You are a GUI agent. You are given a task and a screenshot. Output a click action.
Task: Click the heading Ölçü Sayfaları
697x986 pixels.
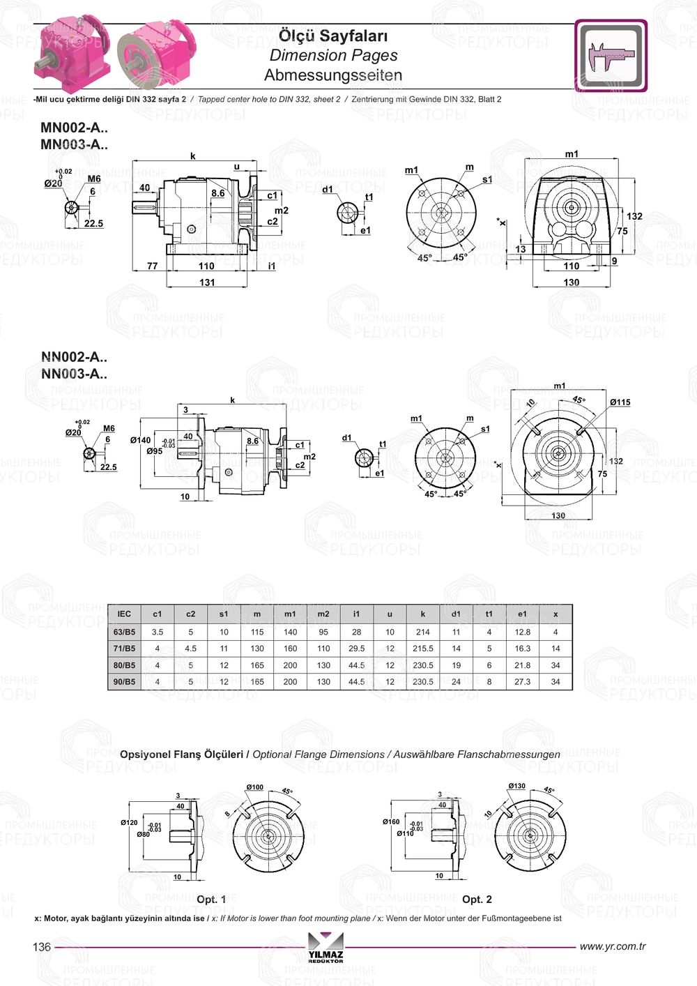(x=333, y=36)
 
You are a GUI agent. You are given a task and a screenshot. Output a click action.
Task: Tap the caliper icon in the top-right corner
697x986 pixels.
(x=611, y=56)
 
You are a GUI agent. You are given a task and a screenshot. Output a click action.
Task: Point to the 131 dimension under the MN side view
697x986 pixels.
(x=207, y=282)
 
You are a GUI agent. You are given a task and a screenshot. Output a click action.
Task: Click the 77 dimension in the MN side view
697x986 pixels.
(x=152, y=266)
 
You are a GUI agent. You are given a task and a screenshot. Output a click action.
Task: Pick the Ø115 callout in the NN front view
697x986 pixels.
(x=620, y=402)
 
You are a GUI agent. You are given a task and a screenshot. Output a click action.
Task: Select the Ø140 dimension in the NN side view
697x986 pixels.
(x=140, y=440)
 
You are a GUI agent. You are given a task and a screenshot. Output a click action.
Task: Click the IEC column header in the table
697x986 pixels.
(x=124, y=614)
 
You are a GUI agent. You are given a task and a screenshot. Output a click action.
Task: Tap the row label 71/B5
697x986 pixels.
(x=124, y=649)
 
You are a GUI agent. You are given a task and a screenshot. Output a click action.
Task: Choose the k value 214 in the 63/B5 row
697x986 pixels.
(x=422, y=632)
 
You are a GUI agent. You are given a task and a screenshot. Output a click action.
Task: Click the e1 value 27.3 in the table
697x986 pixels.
(x=522, y=682)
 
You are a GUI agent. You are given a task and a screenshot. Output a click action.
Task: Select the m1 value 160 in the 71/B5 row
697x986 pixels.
(x=290, y=649)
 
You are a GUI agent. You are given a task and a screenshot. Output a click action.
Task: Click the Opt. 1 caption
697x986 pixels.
(x=211, y=900)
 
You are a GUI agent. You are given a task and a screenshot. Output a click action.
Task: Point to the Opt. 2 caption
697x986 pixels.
(x=477, y=900)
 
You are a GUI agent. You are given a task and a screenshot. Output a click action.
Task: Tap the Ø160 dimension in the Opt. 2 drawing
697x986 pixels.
(x=390, y=822)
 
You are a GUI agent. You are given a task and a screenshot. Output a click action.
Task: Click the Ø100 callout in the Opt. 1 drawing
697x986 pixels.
(x=254, y=787)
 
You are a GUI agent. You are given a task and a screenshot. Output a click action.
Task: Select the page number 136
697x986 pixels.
(x=42, y=947)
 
